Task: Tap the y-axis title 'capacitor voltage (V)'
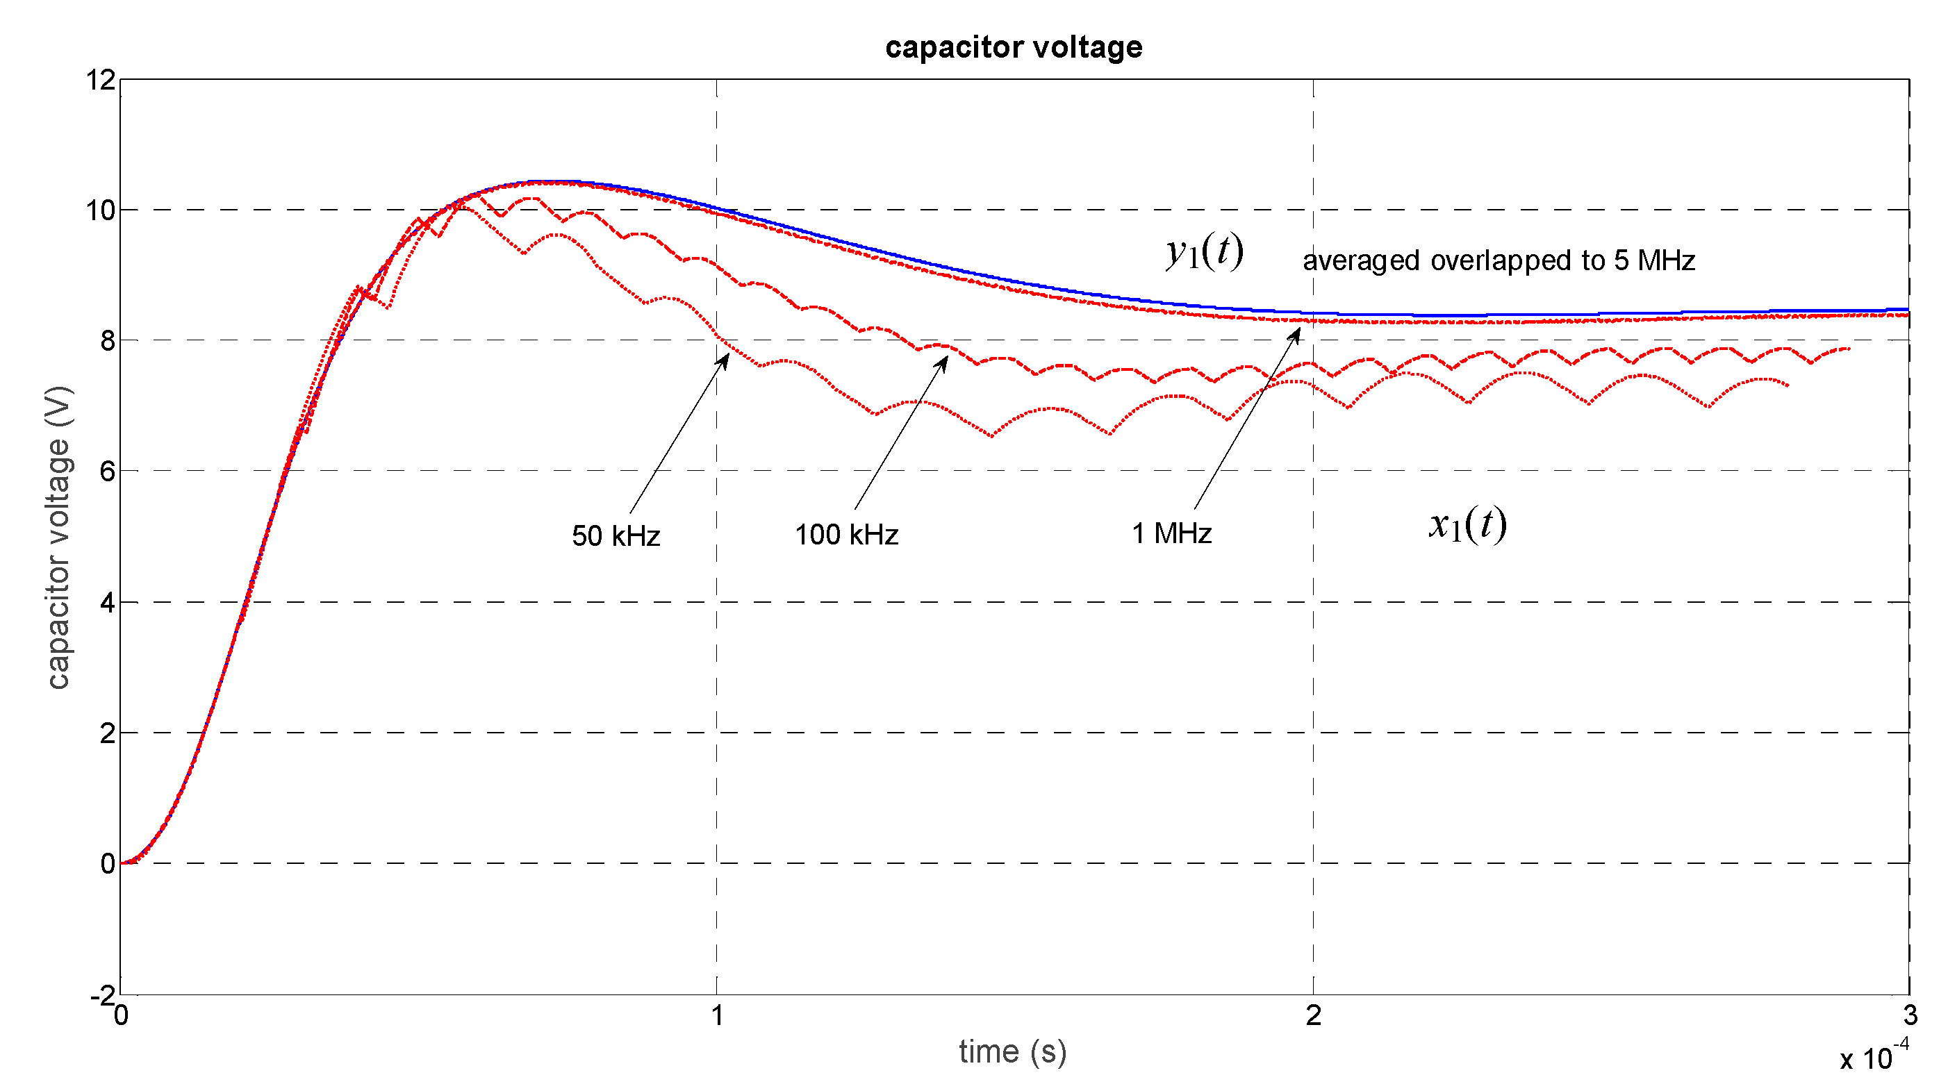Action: pyautogui.click(x=58, y=538)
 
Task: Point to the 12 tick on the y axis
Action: pyautogui.click(x=101, y=80)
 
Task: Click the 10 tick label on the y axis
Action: pyautogui.click(x=101, y=210)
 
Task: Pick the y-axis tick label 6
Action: pyautogui.click(x=108, y=472)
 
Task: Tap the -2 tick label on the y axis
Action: pyautogui.click(x=102, y=995)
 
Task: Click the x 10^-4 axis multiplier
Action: pyautogui.click(x=1874, y=1056)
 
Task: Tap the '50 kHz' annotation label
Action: pyautogui.click(x=616, y=536)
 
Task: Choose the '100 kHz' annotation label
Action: pyautogui.click(x=846, y=535)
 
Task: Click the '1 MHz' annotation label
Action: pyautogui.click(x=1171, y=534)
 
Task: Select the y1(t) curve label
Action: pyautogui.click(x=1205, y=252)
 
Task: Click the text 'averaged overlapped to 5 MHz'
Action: pyautogui.click(x=1498, y=261)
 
